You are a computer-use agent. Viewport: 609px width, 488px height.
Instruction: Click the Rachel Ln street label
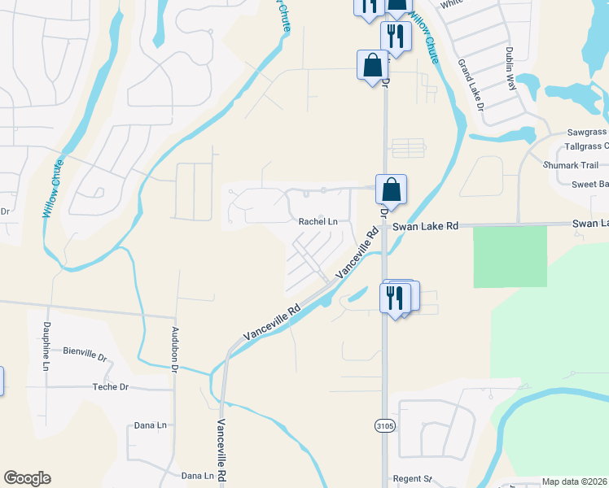coord(318,221)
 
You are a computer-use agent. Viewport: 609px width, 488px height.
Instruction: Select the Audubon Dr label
coord(174,350)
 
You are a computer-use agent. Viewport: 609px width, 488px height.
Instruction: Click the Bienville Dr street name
coord(85,355)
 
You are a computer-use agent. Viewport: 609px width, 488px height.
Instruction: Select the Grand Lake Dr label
coord(471,85)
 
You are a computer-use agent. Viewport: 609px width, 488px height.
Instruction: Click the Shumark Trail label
coord(571,165)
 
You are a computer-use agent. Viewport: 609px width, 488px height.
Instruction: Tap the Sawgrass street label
coord(586,132)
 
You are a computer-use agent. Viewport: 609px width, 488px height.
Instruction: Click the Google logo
coord(27,478)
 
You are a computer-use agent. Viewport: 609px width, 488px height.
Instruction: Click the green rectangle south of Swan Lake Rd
coord(510,256)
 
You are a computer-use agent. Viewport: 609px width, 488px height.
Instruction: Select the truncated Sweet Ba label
coord(589,185)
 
